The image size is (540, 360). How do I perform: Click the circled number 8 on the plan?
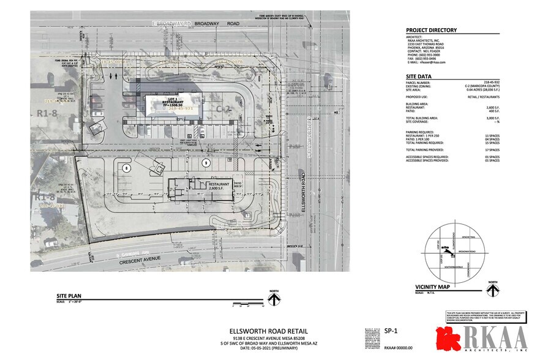coord(127,167)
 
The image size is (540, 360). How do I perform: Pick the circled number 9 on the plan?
coord(206,162)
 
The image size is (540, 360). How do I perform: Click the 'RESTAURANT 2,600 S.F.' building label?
coord(219,186)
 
